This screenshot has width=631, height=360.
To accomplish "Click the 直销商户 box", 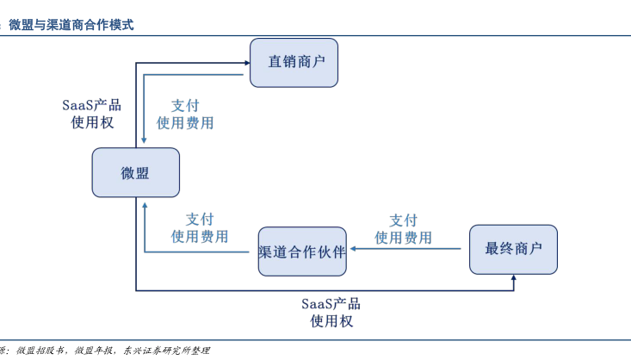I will click(x=294, y=62).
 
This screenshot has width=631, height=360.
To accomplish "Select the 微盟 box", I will click(x=136, y=172).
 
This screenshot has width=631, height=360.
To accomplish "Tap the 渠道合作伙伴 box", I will click(x=302, y=251).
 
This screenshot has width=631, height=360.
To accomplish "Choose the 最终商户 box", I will click(x=513, y=249).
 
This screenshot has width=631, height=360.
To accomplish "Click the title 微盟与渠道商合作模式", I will click(x=71, y=25).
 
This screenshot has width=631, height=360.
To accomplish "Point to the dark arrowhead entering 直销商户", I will click(x=245, y=62).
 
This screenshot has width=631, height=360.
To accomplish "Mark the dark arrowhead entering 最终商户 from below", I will click(x=513, y=279).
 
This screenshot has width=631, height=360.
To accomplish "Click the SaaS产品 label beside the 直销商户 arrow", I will click(x=91, y=105).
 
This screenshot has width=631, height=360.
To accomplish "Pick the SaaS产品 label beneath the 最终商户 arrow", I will click(x=331, y=304).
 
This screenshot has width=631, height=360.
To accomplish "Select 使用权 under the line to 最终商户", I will click(x=331, y=321).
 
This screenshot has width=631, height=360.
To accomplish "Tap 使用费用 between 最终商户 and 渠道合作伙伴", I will click(x=403, y=238).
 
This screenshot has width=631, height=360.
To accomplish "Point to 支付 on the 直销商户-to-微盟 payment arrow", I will click(x=185, y=105).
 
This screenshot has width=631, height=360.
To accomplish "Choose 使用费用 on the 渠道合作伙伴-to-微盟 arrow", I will click(x=200, y=236).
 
